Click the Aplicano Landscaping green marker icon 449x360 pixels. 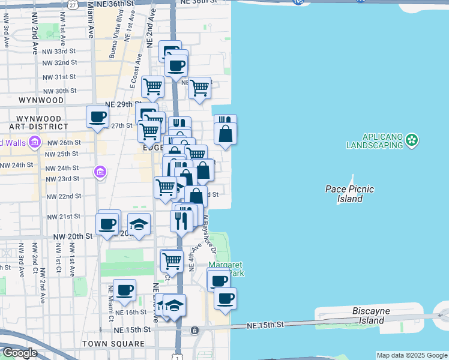(x=412, y=140)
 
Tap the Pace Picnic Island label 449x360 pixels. (x=349, y=194)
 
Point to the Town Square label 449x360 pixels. (x=113, y=344)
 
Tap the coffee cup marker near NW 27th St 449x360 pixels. (x=98, y=117)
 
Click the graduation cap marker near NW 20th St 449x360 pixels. (x=139, y=225)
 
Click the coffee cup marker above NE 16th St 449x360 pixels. (x=125, y=290)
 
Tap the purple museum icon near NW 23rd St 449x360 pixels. (x=100, y=173)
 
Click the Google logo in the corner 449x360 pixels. (x=19, y=353)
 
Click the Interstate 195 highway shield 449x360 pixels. (x=298, y=2)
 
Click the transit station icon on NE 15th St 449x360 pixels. (x=194, y=331)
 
